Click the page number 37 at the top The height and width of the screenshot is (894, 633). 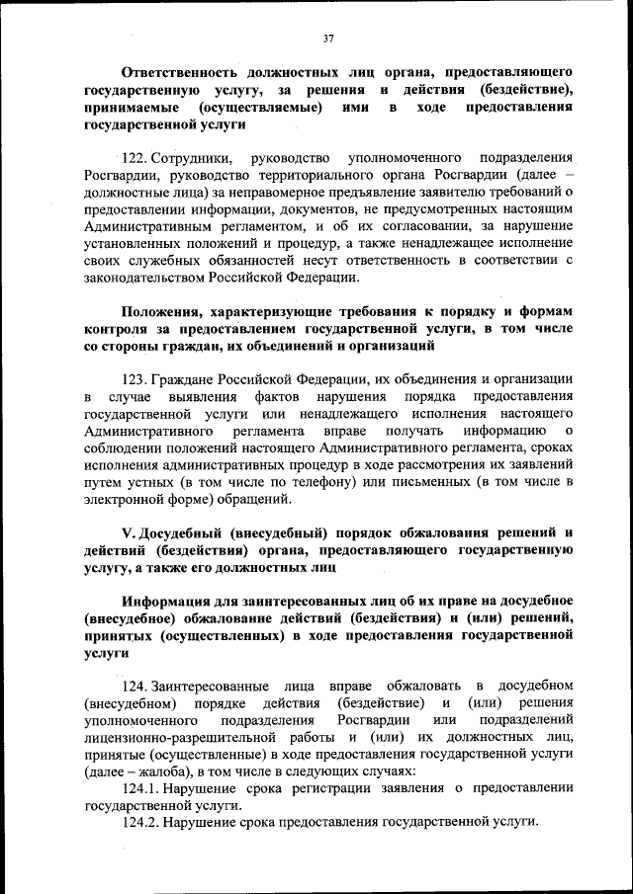tap(328, 39)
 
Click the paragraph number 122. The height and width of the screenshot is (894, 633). tap(136, 159)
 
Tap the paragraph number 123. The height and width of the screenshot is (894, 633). tap(135, 379)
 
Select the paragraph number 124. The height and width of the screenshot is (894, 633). tap(135, 686)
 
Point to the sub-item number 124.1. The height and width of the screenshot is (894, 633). tap(140, 787)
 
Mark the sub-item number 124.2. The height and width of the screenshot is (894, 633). tap(140, 822)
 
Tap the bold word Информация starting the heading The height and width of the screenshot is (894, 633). tap(176, 601)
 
